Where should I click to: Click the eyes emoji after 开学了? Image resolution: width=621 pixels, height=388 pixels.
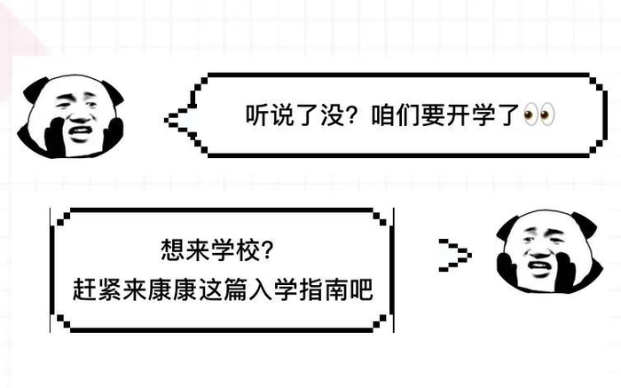pyautogui.click(x=539, y=115)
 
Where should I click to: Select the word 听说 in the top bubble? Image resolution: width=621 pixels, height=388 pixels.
pyautogui.click(x=265, y=115)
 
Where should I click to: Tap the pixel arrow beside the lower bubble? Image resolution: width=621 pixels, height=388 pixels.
pyautogui.click(x=454, y=256)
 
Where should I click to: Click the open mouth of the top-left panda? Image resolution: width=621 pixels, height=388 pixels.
pyautogui.click(x=80, y=134)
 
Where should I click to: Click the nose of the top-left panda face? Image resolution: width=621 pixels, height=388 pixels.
pyautogui.click(x=78, y=117)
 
